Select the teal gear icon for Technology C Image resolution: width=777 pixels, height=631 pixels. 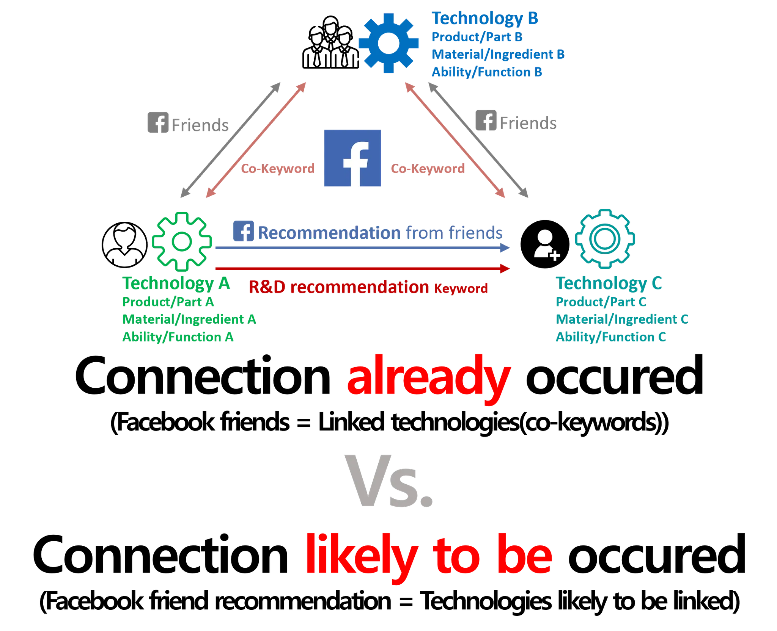coord(605,238)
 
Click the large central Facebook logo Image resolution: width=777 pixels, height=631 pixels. coord(353,158)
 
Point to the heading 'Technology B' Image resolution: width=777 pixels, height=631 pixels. coord(485,18)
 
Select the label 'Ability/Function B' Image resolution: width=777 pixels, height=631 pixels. coord(487,72)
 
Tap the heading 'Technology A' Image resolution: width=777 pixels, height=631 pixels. coord(176,283)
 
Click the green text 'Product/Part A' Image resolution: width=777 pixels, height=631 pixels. coord(168,302)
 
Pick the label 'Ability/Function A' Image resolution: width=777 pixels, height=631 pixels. coord(177,337)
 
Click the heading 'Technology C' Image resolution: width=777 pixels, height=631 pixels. coord(609,283)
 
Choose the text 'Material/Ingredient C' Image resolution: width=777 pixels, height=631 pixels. coord(621,319)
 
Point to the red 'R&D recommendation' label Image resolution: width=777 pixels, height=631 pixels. coord(338,287)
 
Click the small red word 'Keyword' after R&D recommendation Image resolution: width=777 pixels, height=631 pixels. coord(461,289)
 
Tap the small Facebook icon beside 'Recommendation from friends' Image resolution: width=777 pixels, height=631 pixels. coord(243,231)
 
